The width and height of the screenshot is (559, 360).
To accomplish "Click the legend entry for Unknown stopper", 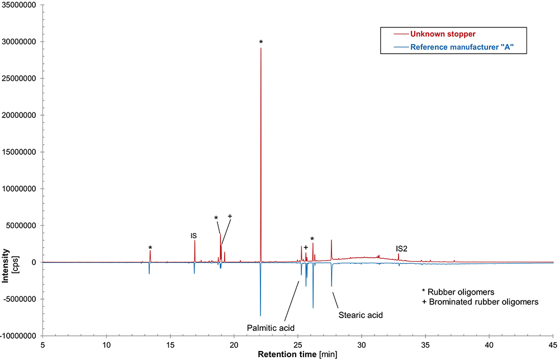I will coord(442,35).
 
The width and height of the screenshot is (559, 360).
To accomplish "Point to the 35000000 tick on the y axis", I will coord(21,5).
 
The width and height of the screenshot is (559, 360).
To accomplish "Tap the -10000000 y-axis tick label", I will coord(20,335).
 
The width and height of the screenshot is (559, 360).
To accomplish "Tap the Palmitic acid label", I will coord(271,327).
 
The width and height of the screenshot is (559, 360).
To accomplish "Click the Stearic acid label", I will coord(361,315).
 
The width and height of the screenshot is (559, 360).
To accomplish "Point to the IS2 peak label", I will coord(401,248).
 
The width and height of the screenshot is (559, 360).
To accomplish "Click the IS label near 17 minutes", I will coord(193,236).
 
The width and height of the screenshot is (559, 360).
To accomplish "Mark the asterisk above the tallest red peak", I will coord(260,42).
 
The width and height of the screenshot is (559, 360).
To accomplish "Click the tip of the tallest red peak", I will coord(260,48).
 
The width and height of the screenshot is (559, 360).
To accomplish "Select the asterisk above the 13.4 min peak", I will coord(150,248).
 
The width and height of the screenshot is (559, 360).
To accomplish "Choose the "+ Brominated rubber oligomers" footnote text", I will coord(480,301).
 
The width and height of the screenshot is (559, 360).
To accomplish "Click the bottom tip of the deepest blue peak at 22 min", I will coord(260,316).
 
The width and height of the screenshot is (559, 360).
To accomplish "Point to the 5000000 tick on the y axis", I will coord(21,226).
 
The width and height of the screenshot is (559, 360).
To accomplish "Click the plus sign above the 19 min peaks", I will coord(229,216).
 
